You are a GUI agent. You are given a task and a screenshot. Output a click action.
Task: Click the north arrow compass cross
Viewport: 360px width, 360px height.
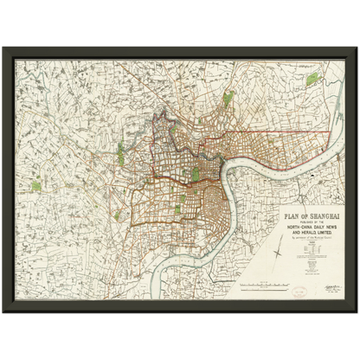(x=277, y=254)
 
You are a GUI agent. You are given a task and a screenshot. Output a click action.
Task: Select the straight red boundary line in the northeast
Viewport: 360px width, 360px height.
(x=294, y=132)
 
